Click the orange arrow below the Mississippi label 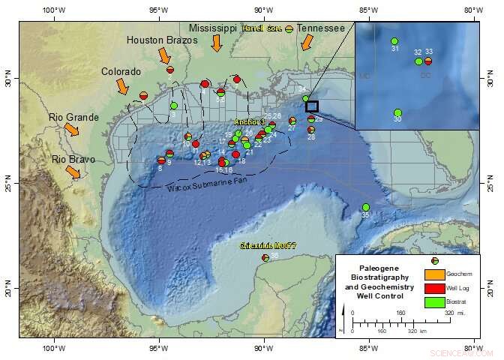[x=217, y=43]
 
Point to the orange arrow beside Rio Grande [x=72, y=130]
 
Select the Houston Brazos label [x=161, y=40]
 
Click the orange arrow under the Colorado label [x=122, y=86]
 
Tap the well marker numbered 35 [x=366, y=207]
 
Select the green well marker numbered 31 [x=394, y=41]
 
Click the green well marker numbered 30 [x=397, y=112]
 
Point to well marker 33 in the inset [x=428, y=61]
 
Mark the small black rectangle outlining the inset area [x=312, y=106]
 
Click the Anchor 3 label [x=250, y=121]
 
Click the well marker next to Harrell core [x=289, y=28]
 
